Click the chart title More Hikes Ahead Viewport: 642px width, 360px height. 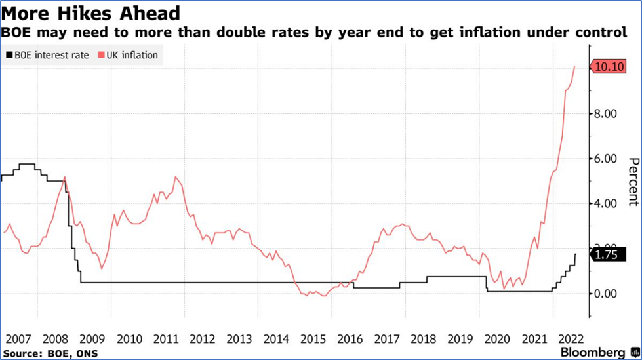[x=91, y=13]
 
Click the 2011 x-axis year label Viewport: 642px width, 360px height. [x=165, y=339]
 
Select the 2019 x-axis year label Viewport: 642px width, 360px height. [x=460, y=339]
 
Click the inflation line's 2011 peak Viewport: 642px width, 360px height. [x=175, y=176]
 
